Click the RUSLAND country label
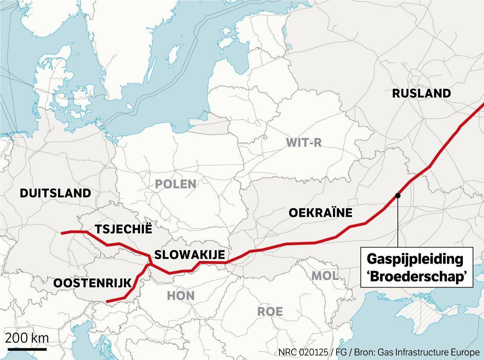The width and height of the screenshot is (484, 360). tap(421, 93)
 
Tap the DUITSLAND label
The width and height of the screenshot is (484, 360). tap(55, 193)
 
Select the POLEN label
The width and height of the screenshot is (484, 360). tap(176, 184)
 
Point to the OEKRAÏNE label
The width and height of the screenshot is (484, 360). tap(320, 213)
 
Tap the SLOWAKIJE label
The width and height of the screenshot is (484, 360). tap(190, 254)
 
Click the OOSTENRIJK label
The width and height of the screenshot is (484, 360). tap(92, 283)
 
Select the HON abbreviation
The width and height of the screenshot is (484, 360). tap(181, 295)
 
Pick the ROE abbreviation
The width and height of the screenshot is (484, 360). tap(270, 312)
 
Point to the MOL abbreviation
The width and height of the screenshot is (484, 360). tap(325, 276)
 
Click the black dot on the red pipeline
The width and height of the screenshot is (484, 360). tap(398, 195)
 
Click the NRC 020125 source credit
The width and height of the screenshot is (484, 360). tap(303, 352)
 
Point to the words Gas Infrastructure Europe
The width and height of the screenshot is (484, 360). tap(431, 352)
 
